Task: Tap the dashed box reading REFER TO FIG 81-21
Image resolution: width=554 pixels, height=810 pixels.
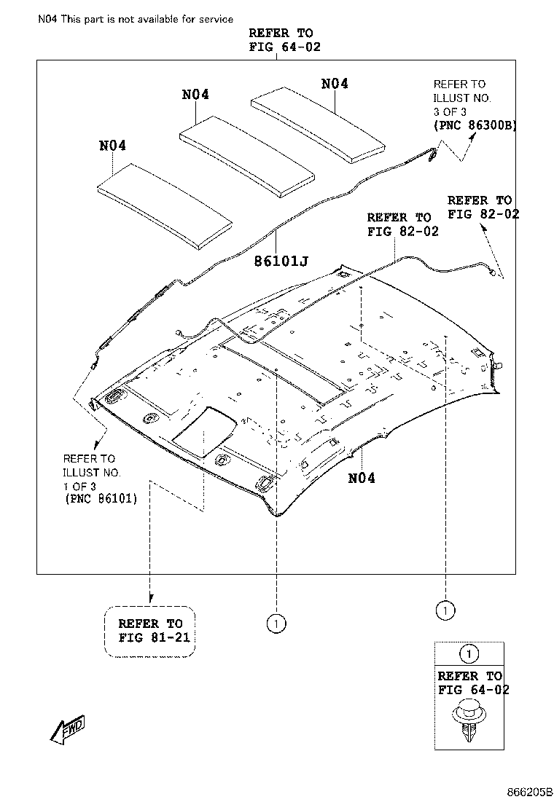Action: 150,631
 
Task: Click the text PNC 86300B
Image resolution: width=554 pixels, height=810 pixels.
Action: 475,125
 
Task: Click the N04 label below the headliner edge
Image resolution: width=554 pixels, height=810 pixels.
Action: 362,479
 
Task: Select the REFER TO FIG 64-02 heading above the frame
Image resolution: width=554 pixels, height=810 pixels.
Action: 281,40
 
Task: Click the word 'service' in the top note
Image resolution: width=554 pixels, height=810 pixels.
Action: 215,19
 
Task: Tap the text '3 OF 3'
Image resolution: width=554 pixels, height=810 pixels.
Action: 450,111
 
